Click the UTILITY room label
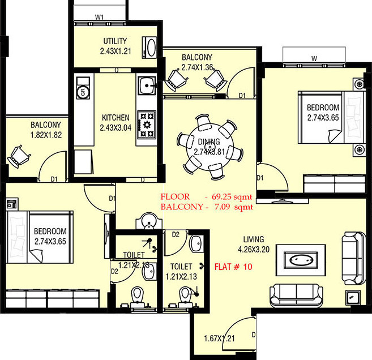114,41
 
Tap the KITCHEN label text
115,117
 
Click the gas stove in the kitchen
147,123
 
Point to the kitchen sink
147,86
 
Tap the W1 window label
99,17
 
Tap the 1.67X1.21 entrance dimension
220,340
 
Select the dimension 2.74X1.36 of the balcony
196,67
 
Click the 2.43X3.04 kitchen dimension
115,127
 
